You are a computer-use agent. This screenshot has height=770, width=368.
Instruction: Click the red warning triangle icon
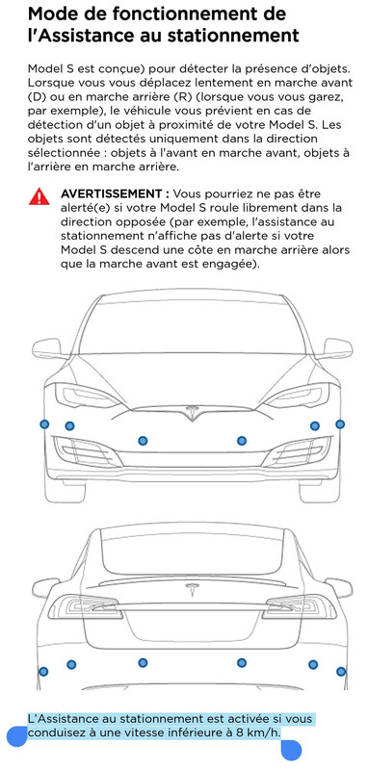39,196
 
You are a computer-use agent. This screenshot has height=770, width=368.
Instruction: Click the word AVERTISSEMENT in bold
116,193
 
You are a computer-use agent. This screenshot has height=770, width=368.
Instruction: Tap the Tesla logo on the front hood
192,413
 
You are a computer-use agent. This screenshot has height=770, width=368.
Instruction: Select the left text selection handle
17,737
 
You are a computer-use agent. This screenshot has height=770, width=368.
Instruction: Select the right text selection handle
291,751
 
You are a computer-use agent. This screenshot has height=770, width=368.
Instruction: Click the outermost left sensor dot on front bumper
44,424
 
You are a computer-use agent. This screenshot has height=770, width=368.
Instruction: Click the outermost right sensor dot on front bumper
340,423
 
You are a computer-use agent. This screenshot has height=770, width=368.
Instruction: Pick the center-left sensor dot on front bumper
143,441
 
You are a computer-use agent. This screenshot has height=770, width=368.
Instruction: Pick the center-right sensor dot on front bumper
242,441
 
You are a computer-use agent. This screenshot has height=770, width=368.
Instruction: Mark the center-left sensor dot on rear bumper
143,662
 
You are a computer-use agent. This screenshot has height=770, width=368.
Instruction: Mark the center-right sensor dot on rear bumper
242,662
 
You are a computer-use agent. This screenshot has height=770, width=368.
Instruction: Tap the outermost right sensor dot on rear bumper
341,671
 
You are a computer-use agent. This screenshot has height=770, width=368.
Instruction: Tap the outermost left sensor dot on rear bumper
43,671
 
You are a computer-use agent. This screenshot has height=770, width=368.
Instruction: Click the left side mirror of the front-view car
48,348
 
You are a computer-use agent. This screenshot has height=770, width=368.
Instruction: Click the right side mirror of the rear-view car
339,587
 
